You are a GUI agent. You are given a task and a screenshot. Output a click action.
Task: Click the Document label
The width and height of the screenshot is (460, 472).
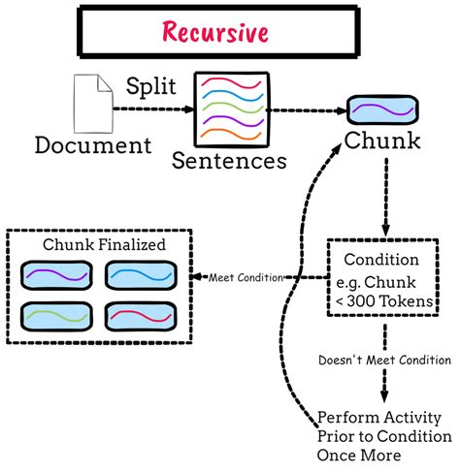(x=92, y=145)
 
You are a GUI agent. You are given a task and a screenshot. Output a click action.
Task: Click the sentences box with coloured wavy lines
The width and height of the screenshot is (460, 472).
(x=231, y=109)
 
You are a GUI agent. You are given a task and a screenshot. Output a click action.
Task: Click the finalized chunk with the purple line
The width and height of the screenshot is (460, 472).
(x=52, y=278)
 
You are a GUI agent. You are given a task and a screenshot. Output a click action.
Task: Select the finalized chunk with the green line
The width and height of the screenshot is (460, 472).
(x=52, y=318)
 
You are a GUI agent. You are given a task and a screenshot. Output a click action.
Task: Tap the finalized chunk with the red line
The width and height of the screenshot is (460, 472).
(x=139, y=318)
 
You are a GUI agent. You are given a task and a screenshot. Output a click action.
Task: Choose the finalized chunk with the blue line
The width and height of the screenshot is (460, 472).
(x=139, y=278)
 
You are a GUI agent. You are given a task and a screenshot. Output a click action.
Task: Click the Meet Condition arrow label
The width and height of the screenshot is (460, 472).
(x=246, y=278)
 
